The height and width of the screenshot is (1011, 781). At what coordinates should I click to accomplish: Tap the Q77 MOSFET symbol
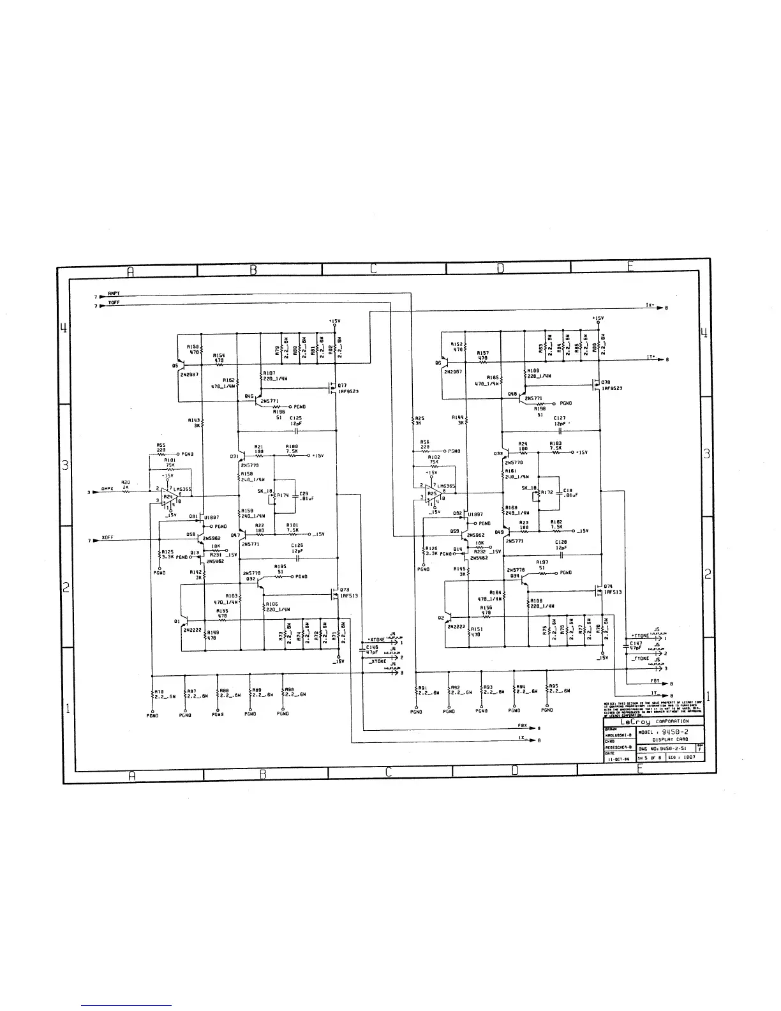(332, 386)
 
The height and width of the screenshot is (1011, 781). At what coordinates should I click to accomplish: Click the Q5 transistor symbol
(182, 366)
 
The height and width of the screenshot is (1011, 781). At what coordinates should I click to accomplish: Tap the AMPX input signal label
(107, 490)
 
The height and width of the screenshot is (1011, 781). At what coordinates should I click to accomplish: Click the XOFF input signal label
(107, 538)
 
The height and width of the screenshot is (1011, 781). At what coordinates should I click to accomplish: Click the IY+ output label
(650, 358)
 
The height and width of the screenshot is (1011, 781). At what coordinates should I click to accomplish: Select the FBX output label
(522, 727)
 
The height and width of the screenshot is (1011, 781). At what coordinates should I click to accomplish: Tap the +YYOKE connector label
(639, 636)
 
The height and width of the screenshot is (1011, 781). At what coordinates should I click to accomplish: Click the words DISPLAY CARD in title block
(669, 740)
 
